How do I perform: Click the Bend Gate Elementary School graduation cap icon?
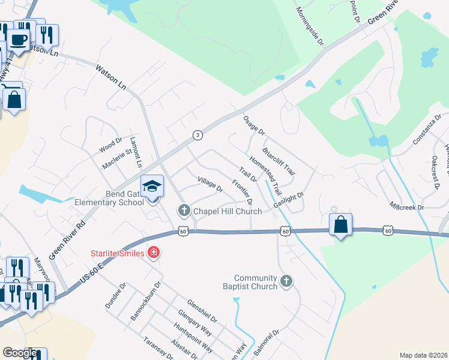click(x=152, y=185)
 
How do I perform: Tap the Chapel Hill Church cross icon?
click(x=184, y=211)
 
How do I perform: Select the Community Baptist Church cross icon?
click(x=287, y=281)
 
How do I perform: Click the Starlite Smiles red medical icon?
click(x=154, y=253)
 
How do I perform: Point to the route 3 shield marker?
click(x=197, y=135)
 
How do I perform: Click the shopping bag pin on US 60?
click(x=340, y=224)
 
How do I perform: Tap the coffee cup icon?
click(x=17, y=40)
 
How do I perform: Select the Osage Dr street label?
click(x=254, y=126)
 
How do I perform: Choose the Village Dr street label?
click(x=210, y=184)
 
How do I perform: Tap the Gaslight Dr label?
click(x=289, y=200)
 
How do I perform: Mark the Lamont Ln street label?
click(x=137, y=155)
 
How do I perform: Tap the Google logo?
click(x=20, y=353)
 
